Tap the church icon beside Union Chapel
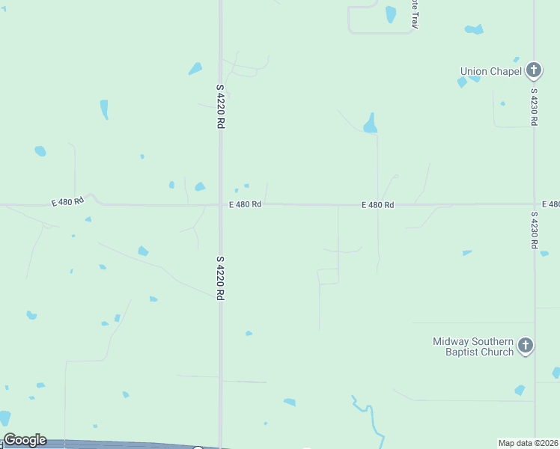(x=533, y=71)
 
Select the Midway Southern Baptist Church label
(x=473, y=346)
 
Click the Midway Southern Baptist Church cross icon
(x=526, y=346)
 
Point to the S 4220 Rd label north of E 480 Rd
(x=221, y=106)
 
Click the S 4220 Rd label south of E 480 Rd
(x=221, y=278)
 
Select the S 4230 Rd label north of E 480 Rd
(x=535, y=107)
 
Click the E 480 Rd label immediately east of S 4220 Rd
(x=245, y=204)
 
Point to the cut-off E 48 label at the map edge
(x=550, y=204)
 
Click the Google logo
(x=25, y=440)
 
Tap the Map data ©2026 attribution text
(x=528, y=443)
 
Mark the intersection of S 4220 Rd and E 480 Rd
(x=221, y=204)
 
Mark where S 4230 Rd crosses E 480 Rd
(x=535, y=204)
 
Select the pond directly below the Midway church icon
(x=520, y=390)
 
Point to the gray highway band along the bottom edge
(x=112, y=445)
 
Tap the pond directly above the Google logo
(x=5, y=418)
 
